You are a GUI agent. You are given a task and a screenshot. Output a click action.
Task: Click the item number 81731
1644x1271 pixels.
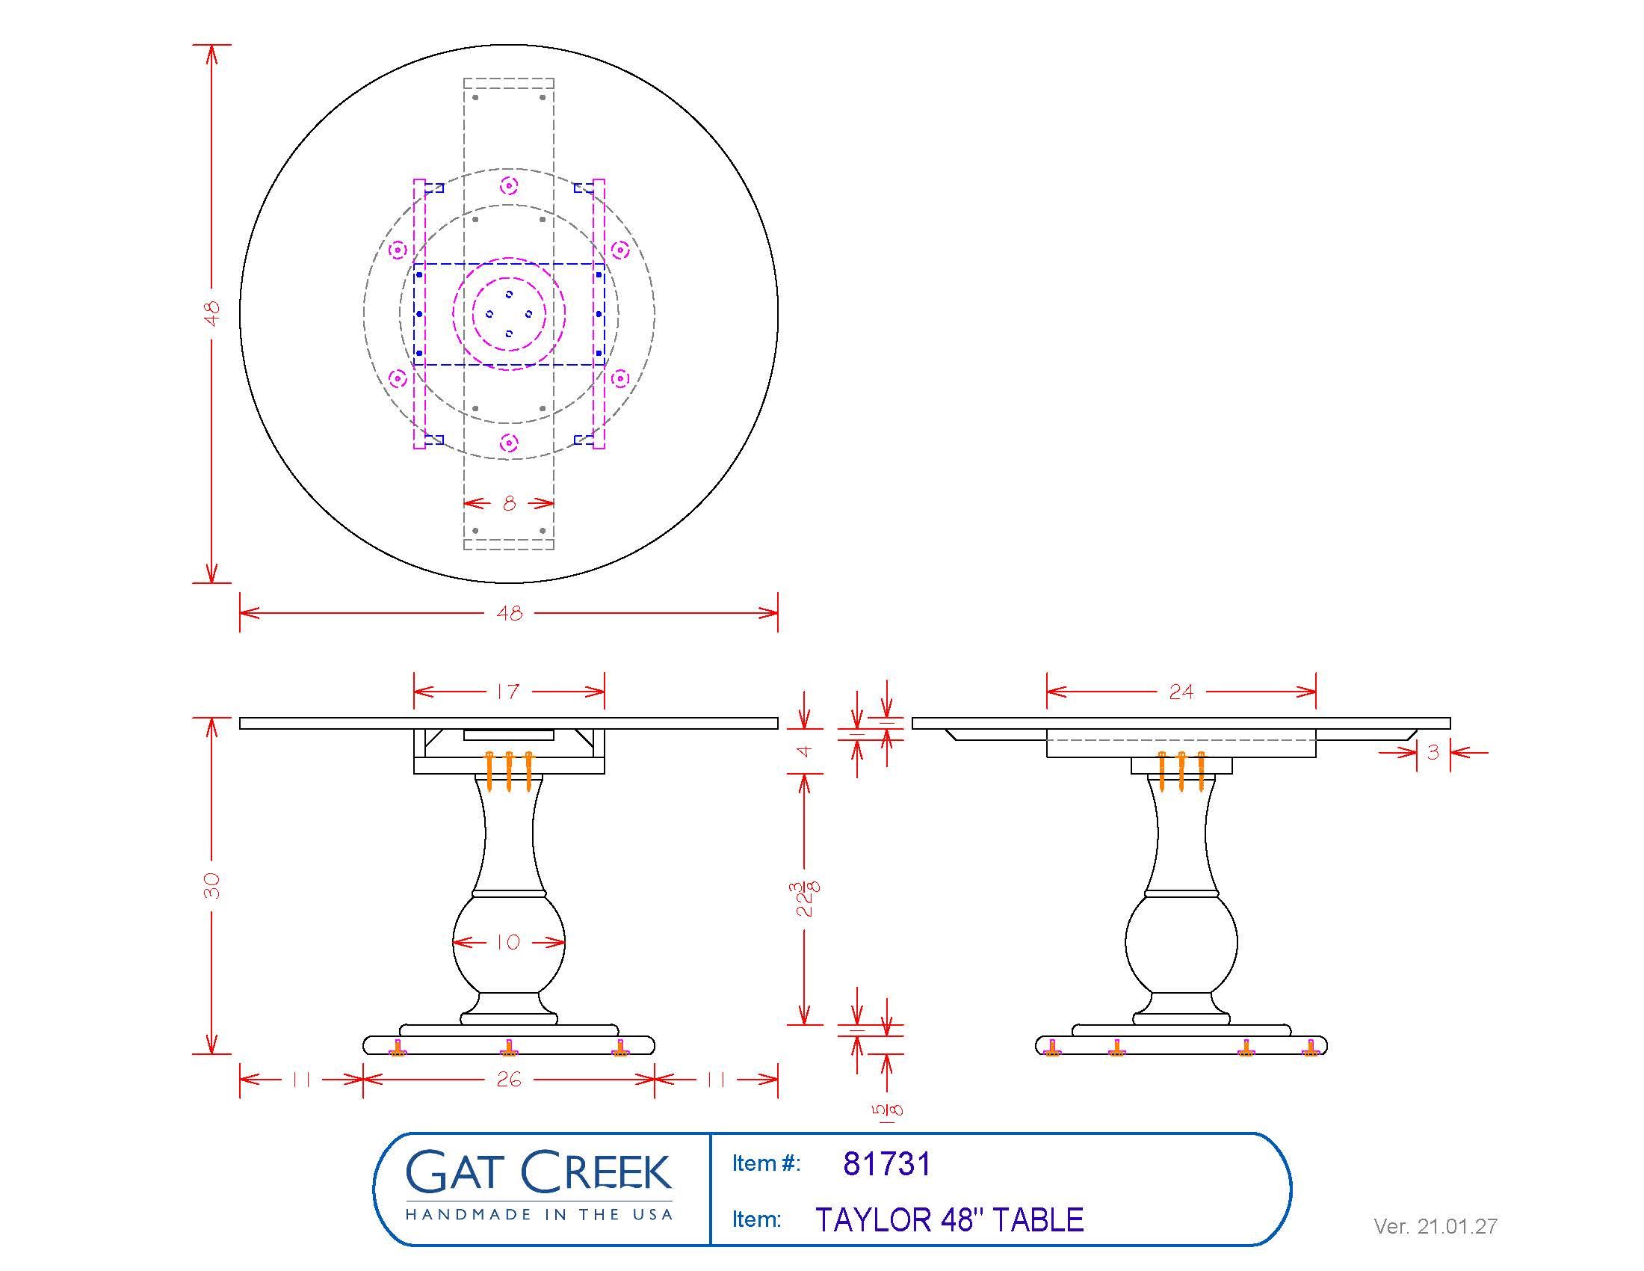887,1164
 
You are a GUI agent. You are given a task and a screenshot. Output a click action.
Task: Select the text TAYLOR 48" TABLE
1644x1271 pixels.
949,1220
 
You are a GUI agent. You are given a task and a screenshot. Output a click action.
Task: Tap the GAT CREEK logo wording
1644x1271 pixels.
538,1172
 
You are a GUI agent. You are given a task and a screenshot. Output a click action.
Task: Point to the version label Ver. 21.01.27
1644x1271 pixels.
1435,1227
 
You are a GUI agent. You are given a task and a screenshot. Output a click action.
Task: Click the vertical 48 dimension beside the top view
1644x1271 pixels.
212,313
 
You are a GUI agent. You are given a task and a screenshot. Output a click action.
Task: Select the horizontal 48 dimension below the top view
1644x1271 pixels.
509,614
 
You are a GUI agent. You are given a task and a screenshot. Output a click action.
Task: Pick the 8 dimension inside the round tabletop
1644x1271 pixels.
509,504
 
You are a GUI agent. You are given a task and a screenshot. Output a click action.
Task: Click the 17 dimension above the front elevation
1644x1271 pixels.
508,692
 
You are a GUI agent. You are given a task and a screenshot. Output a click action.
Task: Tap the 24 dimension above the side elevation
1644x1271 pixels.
1180,692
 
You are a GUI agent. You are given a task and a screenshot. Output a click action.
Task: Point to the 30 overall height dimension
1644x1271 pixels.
212,885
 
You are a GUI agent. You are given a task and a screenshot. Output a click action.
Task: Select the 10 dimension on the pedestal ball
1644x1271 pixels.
508,942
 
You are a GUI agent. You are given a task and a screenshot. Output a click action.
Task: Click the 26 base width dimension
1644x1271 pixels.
508,1080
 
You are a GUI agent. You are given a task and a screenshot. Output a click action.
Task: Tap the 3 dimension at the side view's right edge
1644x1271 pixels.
1433,751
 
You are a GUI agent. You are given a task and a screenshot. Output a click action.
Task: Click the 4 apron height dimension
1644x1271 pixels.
806,751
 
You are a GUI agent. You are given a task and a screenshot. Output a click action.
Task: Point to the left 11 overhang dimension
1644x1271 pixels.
300,1080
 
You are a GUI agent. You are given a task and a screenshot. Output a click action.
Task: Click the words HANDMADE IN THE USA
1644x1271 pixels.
538,1214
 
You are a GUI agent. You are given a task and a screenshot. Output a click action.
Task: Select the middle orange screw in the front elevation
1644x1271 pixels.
509,771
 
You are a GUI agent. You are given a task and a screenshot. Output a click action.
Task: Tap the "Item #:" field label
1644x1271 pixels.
765,1164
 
